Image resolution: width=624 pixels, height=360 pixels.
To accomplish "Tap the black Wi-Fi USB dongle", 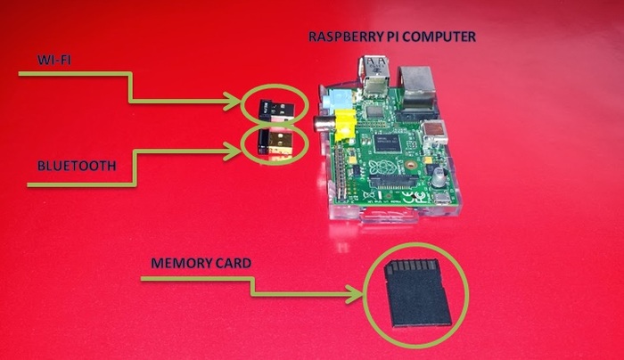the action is tap(276, 110).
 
